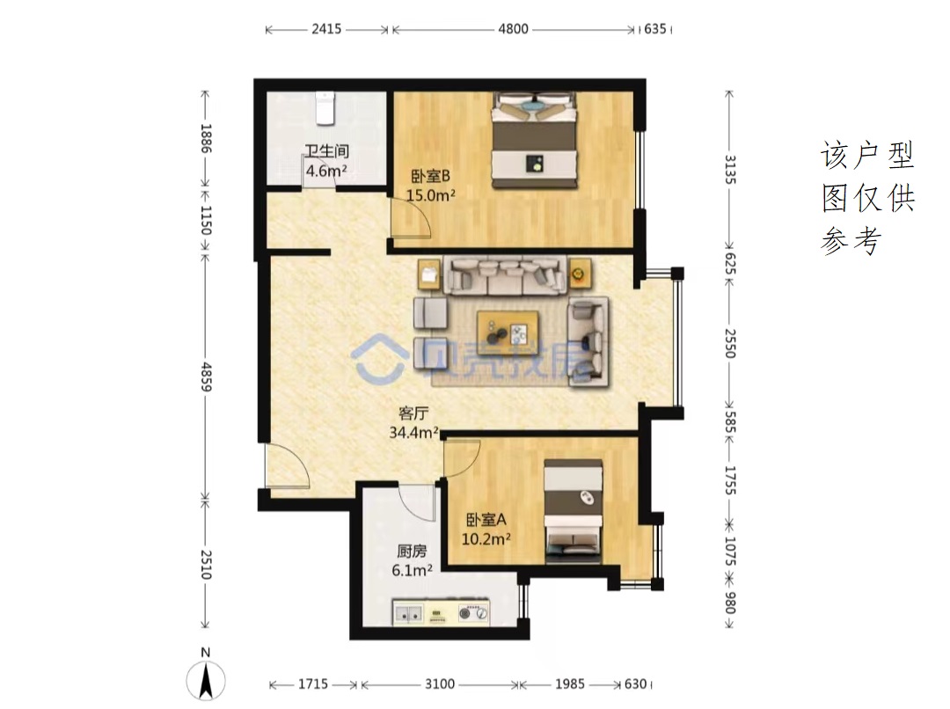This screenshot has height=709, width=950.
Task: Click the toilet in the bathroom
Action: point(325,108)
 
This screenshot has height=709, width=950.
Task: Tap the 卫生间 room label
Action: point(326,151)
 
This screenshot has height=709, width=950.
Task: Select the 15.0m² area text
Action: point(431,195)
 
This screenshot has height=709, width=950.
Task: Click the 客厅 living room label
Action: point(413,413)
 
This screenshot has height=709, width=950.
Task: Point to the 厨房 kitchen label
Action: point(412,551)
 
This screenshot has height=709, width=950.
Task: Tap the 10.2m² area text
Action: point(486,538)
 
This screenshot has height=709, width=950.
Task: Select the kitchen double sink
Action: point(408,614)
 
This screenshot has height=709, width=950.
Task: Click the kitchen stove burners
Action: point(473,613)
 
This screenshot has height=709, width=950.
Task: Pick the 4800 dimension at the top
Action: point(513,29)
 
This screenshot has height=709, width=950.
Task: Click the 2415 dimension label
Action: point(326,29)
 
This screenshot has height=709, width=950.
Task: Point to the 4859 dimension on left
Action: point(206,376)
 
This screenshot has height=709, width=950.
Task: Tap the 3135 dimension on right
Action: point(730,170)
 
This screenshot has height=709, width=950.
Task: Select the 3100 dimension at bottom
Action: point(440,684)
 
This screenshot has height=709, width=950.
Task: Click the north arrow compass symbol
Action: point(206,679)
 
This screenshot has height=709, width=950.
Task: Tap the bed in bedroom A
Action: point(574,511)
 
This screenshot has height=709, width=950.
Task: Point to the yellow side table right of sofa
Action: point(579,274)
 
